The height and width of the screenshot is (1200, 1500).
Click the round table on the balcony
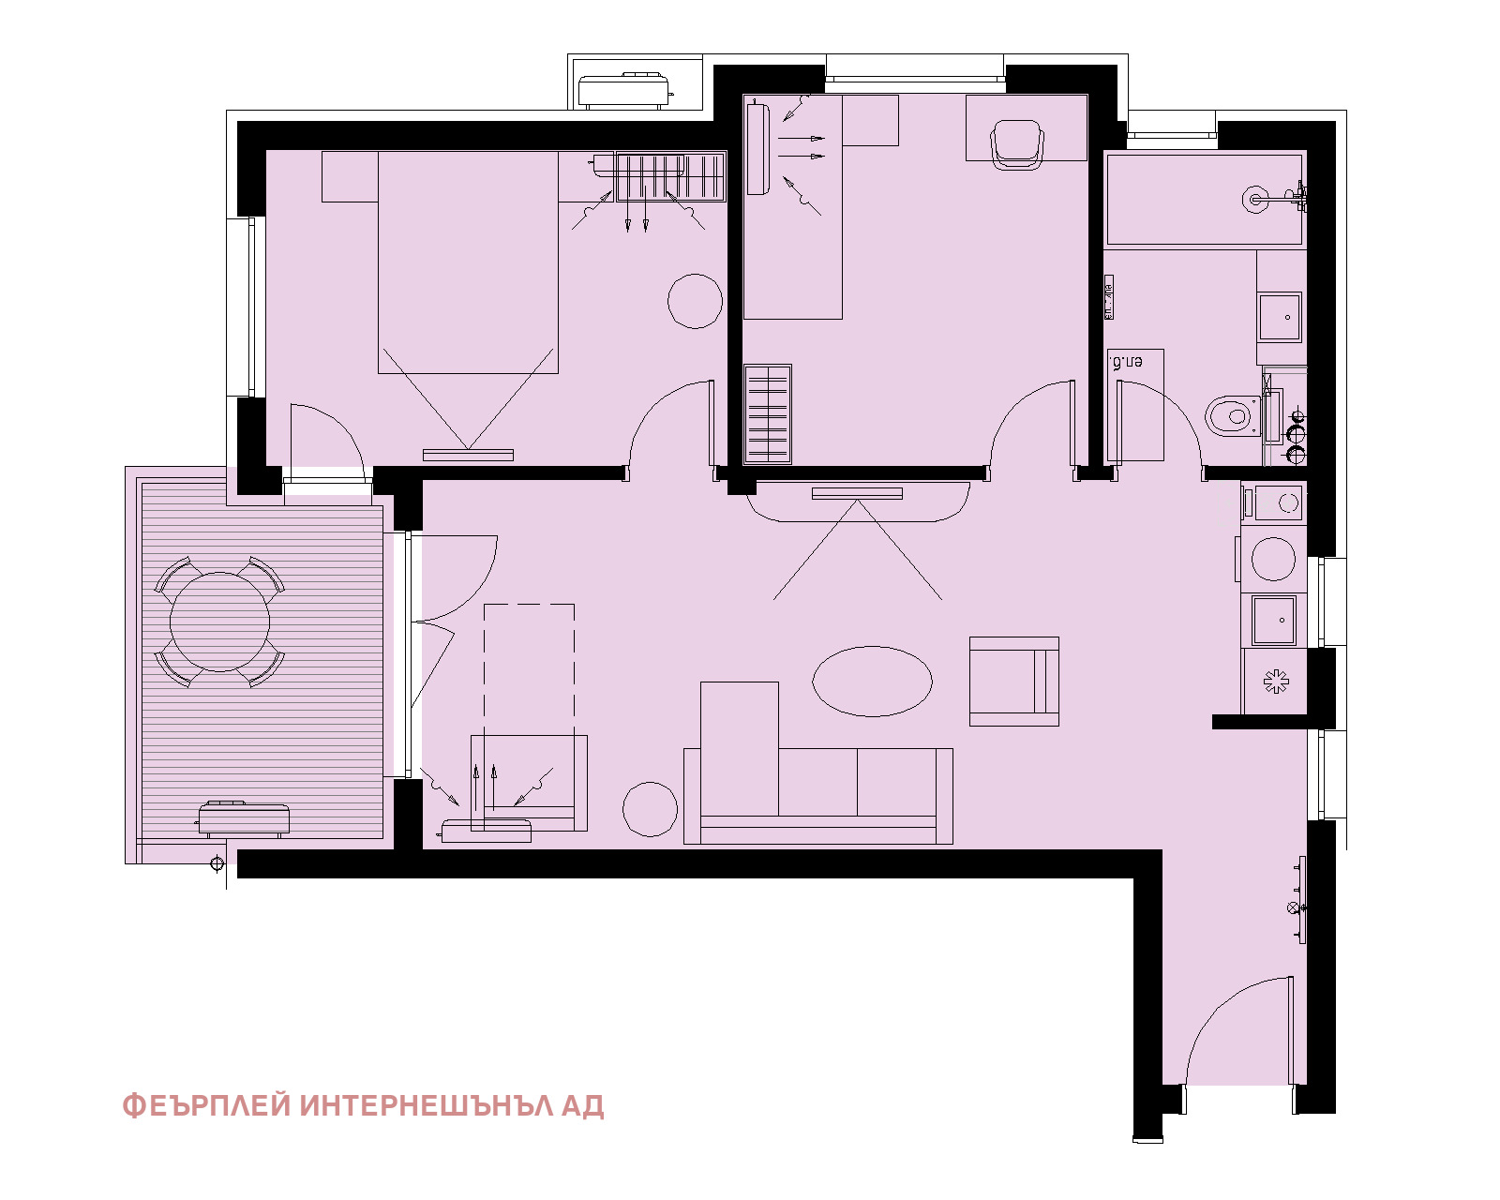pyautogui.click(x=220, y=622)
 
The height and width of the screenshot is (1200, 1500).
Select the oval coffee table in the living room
pyautogui.click(x=872, y=682)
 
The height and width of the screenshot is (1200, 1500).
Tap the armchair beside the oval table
pyautogui.click(x=1013, y=682)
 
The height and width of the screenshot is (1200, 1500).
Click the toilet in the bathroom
pyautogui.click(x=1231, y=414)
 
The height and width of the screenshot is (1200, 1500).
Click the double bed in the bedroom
pyautogui.click(x=468, y=262)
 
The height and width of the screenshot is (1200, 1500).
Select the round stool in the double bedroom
pyautogui.click(x=695, y=301)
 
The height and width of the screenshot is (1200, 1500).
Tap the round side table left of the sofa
pyautogui.click(x=650, y=808)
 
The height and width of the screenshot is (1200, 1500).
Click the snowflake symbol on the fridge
pyautogui.click(x=1275, y=682)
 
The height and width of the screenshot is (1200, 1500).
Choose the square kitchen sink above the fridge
pyautogui.click(x=1274, y=620)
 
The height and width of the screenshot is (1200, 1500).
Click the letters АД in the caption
pyautogui.click(x=582, y=1106)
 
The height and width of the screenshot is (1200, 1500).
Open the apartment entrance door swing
pyautogui.click(x=1237, y=1031)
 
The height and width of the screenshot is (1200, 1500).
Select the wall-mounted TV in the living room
pyautogui.click(x=857, y=493)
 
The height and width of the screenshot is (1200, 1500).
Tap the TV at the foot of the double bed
pyautogui.click(x=468, y=455)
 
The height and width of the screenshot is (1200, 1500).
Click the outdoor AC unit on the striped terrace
pyautogui.click(x=243, y=818)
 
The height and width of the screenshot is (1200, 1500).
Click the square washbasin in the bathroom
pyautogui.click(x=1280, y=317)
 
